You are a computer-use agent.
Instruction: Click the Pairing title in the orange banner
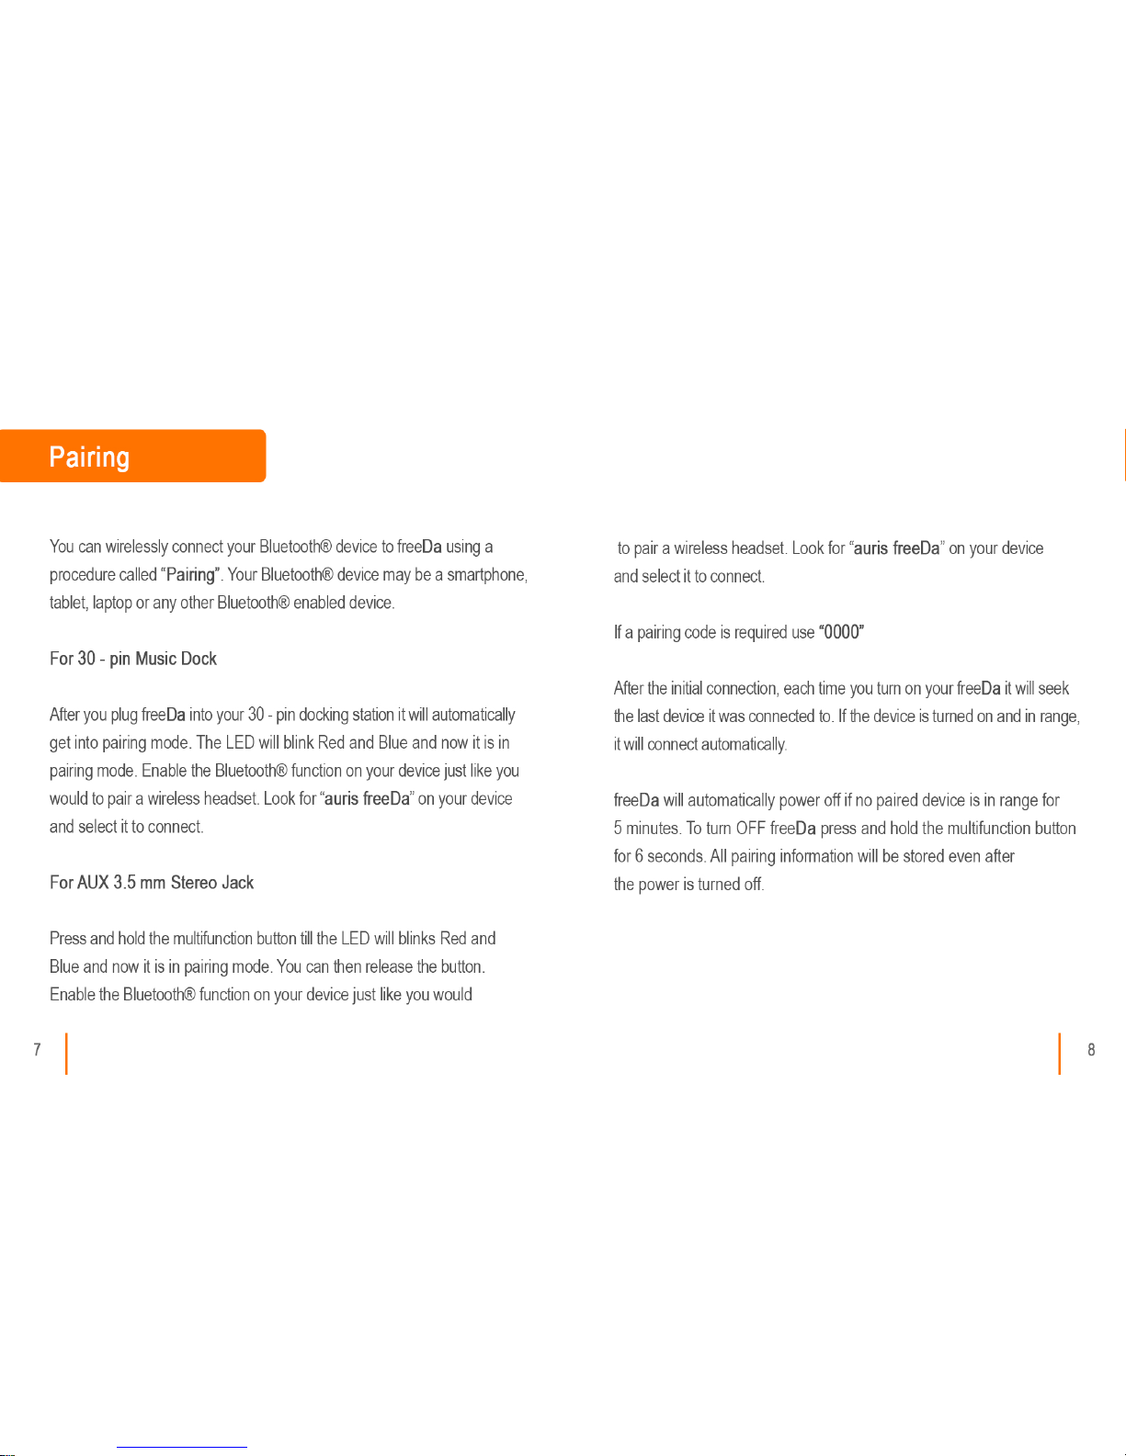coord(89,457)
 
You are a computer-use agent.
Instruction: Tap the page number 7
coord(37,1050)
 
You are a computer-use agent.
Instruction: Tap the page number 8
coord(1091,1050)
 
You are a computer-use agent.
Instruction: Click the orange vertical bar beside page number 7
coord(66,1054)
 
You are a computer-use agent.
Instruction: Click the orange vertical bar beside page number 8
coord(1059,1054)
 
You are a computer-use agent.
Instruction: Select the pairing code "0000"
coord(841,632)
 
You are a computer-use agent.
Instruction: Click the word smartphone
coord(486,575)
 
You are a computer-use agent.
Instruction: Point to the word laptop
coord(112,603)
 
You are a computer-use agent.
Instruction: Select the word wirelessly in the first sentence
coord(136,547)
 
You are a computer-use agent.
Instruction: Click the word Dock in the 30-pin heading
coord(199,659)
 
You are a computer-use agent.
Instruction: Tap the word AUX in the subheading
coord(93,883)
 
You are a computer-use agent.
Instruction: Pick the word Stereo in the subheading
coord(194,883)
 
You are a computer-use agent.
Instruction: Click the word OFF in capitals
coord(750,829)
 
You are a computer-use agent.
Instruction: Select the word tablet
coord(68,603)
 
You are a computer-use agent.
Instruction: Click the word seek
coord(1053,688)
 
